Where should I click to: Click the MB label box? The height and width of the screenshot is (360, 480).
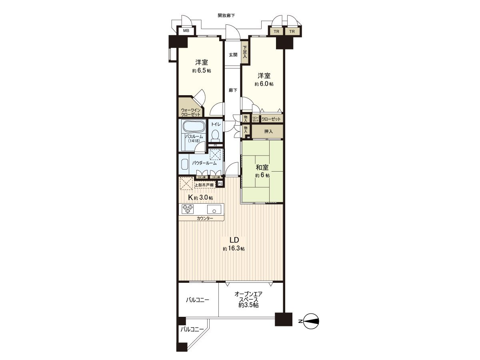pos(186,31)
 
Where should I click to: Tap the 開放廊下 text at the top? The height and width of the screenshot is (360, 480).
pos(226,16)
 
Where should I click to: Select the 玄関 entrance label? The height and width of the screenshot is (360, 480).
pos(233,55)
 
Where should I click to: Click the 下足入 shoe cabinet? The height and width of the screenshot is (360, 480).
pos(245,52)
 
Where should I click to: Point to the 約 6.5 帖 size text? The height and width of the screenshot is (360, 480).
pos(201,71)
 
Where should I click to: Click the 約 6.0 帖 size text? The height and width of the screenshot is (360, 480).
pos(264,84)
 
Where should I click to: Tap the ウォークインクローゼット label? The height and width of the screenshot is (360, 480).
pos(190,112)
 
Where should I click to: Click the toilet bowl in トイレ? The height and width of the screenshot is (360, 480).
pos(216,134)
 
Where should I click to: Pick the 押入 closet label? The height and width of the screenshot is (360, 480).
pos(268,131)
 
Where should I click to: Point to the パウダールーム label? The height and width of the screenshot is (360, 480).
pos(204,163)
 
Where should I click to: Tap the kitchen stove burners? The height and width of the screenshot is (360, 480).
pos(188,209)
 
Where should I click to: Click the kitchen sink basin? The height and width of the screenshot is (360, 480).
pos(215,209)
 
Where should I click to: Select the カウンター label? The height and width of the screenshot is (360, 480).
pos(205,218)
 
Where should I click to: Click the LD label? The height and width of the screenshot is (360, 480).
pos(234,240)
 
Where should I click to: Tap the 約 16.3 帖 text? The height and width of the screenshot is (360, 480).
pos(234,249)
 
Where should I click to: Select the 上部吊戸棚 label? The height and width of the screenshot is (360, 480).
pos(205,185)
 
